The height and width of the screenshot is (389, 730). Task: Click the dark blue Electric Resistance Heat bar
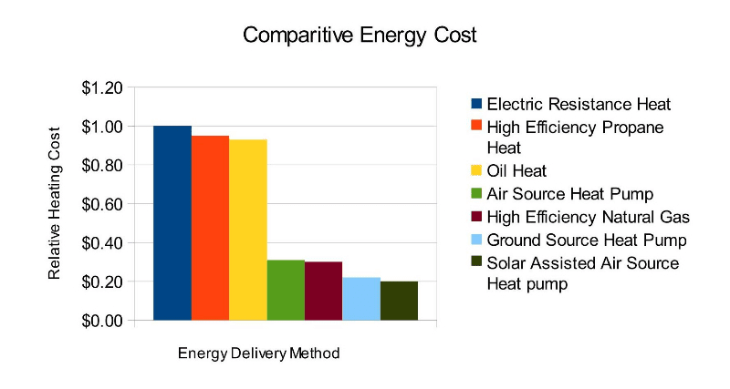coord(172,223)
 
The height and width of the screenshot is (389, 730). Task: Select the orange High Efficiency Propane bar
coord(210,228)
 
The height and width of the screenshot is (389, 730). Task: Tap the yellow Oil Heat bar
coord(247,230)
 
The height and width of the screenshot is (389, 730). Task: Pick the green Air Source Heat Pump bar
coord(286,291)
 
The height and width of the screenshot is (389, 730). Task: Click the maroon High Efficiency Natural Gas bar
coord(323,292)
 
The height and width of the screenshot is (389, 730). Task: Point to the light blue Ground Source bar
coord(361,299)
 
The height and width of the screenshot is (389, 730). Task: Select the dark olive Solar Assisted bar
coord(399,301)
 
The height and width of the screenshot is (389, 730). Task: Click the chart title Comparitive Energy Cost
coord(360,36)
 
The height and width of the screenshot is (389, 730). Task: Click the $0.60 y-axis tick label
coord(101,204)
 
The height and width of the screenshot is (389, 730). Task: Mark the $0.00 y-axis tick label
coord(101,321)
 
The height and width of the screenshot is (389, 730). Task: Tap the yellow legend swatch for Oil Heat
coord(475,169)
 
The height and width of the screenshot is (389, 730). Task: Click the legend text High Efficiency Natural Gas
coord(588,216)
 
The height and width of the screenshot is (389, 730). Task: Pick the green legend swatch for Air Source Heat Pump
coord(475,193)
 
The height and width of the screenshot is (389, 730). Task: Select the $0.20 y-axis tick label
coord(101,282)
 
